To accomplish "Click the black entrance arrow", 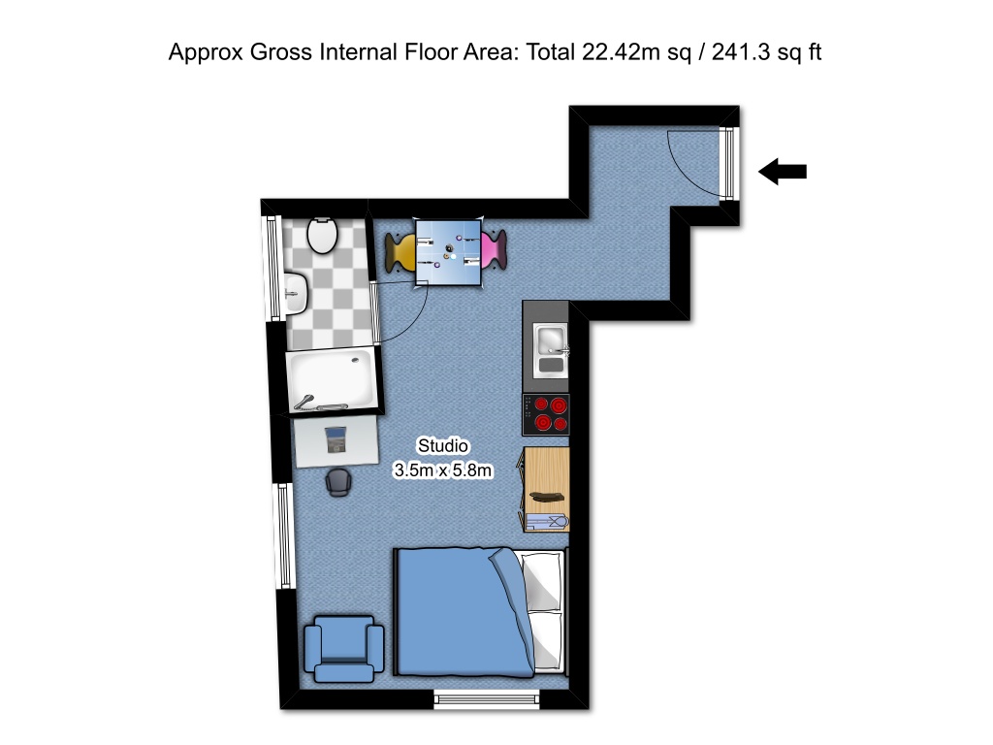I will [x=783, y=173].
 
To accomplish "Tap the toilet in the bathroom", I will [x=321, y=236].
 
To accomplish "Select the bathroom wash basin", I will [x=296, y=289].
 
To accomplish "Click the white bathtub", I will [x=331, y=381].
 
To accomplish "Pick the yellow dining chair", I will [x=400, y=251].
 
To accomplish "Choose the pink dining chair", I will [x=494, y=249].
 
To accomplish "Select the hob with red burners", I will [x=546, y=414].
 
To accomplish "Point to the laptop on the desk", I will [x=336, y=439].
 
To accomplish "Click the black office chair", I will [x=337, y=481].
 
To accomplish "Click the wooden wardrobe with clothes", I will [x=546, y=490].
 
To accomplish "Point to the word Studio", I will [x=443, y=446].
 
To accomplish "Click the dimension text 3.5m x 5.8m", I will [x=443, y=471].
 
